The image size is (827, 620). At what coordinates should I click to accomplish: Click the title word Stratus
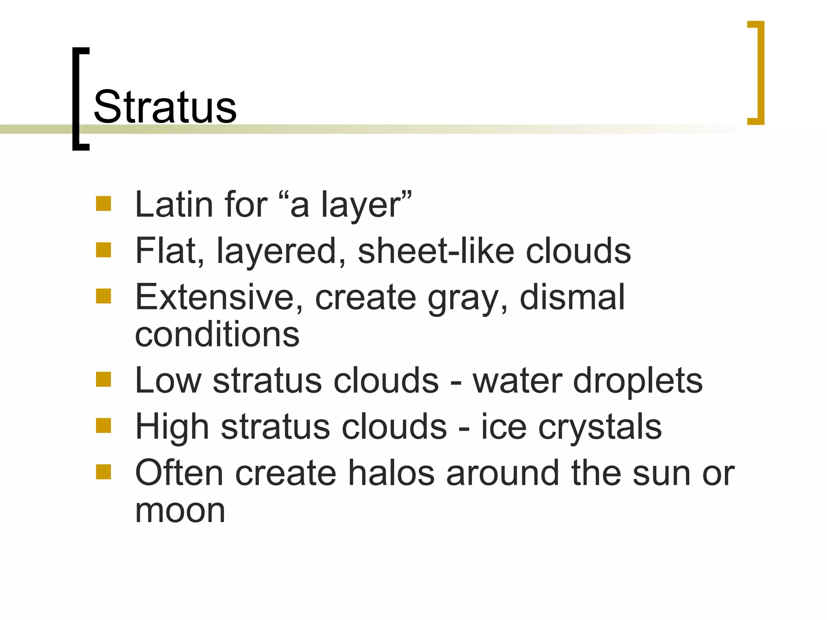pos(165,107)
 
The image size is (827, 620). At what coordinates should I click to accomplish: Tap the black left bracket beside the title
pos(77,99)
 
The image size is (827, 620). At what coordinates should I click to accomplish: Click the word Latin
pos(174,205)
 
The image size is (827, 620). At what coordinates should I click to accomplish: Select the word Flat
pos(170,251)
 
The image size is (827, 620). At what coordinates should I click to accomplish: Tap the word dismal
pos(572,297)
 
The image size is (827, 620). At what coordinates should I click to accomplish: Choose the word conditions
pos(217,335)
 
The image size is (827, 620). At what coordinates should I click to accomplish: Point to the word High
pos(172,428)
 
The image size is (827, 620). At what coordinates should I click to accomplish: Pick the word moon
pos(180,511)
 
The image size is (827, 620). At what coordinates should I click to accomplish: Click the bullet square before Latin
pos(103,204)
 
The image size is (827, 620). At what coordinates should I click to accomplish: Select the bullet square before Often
pos(103,472)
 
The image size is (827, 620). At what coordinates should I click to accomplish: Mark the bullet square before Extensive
pos(103,296)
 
